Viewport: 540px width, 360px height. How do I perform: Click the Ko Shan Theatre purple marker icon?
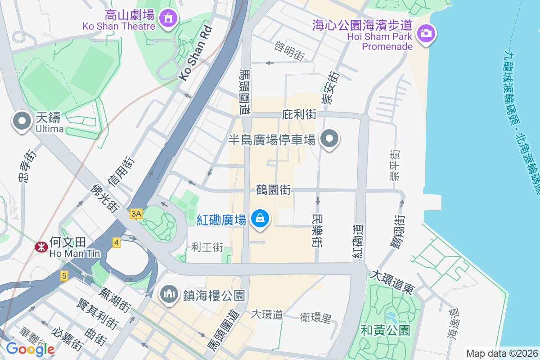[168, 18]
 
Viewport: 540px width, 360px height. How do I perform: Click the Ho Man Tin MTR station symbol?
[41, 246]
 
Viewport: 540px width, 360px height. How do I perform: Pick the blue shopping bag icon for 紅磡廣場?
[260, 219]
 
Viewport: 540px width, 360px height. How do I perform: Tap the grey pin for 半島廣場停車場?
[329, 139]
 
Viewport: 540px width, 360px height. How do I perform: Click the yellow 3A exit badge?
[136, 214]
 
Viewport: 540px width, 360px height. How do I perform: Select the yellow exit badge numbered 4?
[117, 243]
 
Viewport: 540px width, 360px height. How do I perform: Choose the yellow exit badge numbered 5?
[64, 276]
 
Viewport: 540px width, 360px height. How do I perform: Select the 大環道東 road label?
[391, 282]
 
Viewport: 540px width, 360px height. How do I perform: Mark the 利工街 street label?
[207, 247]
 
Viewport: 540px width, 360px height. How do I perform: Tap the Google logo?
[30, 349]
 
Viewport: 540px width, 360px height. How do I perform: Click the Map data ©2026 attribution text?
[501, 353]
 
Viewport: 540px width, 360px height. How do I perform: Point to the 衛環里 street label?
[316, 318]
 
